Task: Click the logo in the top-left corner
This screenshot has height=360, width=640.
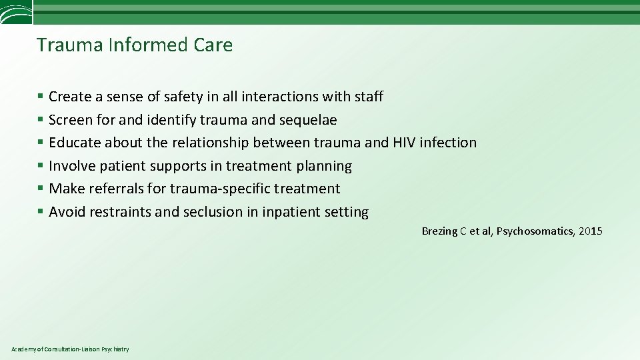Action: (x=15, y=12)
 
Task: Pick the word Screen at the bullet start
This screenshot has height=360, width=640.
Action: (x=71, y=120)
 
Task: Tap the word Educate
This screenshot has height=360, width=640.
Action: (x=75, y=143)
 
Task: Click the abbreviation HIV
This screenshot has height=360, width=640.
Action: (x=403, y=143)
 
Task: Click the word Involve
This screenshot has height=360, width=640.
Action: (x=72, y=166)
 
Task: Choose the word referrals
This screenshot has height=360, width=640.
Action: (x=114, y=189)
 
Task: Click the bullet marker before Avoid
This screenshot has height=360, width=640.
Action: (x=41, y=212)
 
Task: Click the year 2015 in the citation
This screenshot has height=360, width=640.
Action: (x=590, y=231)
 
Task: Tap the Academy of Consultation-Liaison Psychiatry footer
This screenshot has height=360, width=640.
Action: (x=71, y=349)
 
